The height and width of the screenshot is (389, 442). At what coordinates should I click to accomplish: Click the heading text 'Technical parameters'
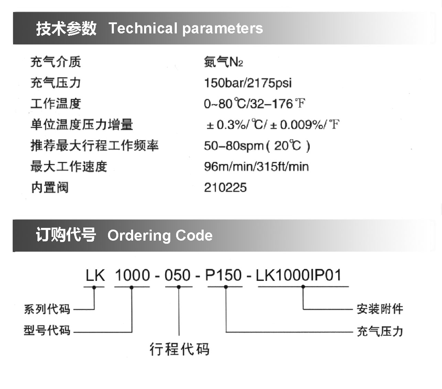coord(186,29)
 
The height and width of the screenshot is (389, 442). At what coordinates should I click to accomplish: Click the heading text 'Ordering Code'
coord(160,235)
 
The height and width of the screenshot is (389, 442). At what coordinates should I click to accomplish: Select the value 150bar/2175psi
coord(248,83)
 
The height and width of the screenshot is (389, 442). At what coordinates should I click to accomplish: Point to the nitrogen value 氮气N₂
coord(223,62)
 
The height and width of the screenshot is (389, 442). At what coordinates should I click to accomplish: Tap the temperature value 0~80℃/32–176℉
coord(255,104)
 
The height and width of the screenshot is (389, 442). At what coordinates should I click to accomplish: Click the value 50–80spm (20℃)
coord(257,146)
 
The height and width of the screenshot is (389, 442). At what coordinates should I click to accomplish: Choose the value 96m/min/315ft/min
coord(256,167)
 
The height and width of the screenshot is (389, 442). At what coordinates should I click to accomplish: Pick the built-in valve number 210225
coord(225,187)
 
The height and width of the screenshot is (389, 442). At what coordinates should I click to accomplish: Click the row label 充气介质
coord(56,62)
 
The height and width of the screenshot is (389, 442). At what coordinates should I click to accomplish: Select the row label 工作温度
coord(56,104)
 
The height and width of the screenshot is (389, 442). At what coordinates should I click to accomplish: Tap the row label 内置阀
coord(50,187)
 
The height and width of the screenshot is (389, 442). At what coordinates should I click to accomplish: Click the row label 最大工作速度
coord(69,167)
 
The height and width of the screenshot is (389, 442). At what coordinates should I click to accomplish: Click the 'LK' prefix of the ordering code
coord(95,275)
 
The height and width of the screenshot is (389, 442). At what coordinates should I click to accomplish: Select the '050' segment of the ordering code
coord(177,275)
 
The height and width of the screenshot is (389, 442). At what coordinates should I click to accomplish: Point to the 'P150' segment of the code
coord(223,275)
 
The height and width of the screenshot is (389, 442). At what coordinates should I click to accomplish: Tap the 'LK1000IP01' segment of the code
coord(299,275)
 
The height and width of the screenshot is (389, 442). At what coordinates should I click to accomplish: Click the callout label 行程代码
coord(179,349)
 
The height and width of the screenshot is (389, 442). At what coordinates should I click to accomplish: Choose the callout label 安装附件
coord(380,309)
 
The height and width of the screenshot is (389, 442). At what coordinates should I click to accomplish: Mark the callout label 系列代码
coord(47,309)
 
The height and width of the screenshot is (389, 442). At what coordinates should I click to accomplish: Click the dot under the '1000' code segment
coord(131,287)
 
